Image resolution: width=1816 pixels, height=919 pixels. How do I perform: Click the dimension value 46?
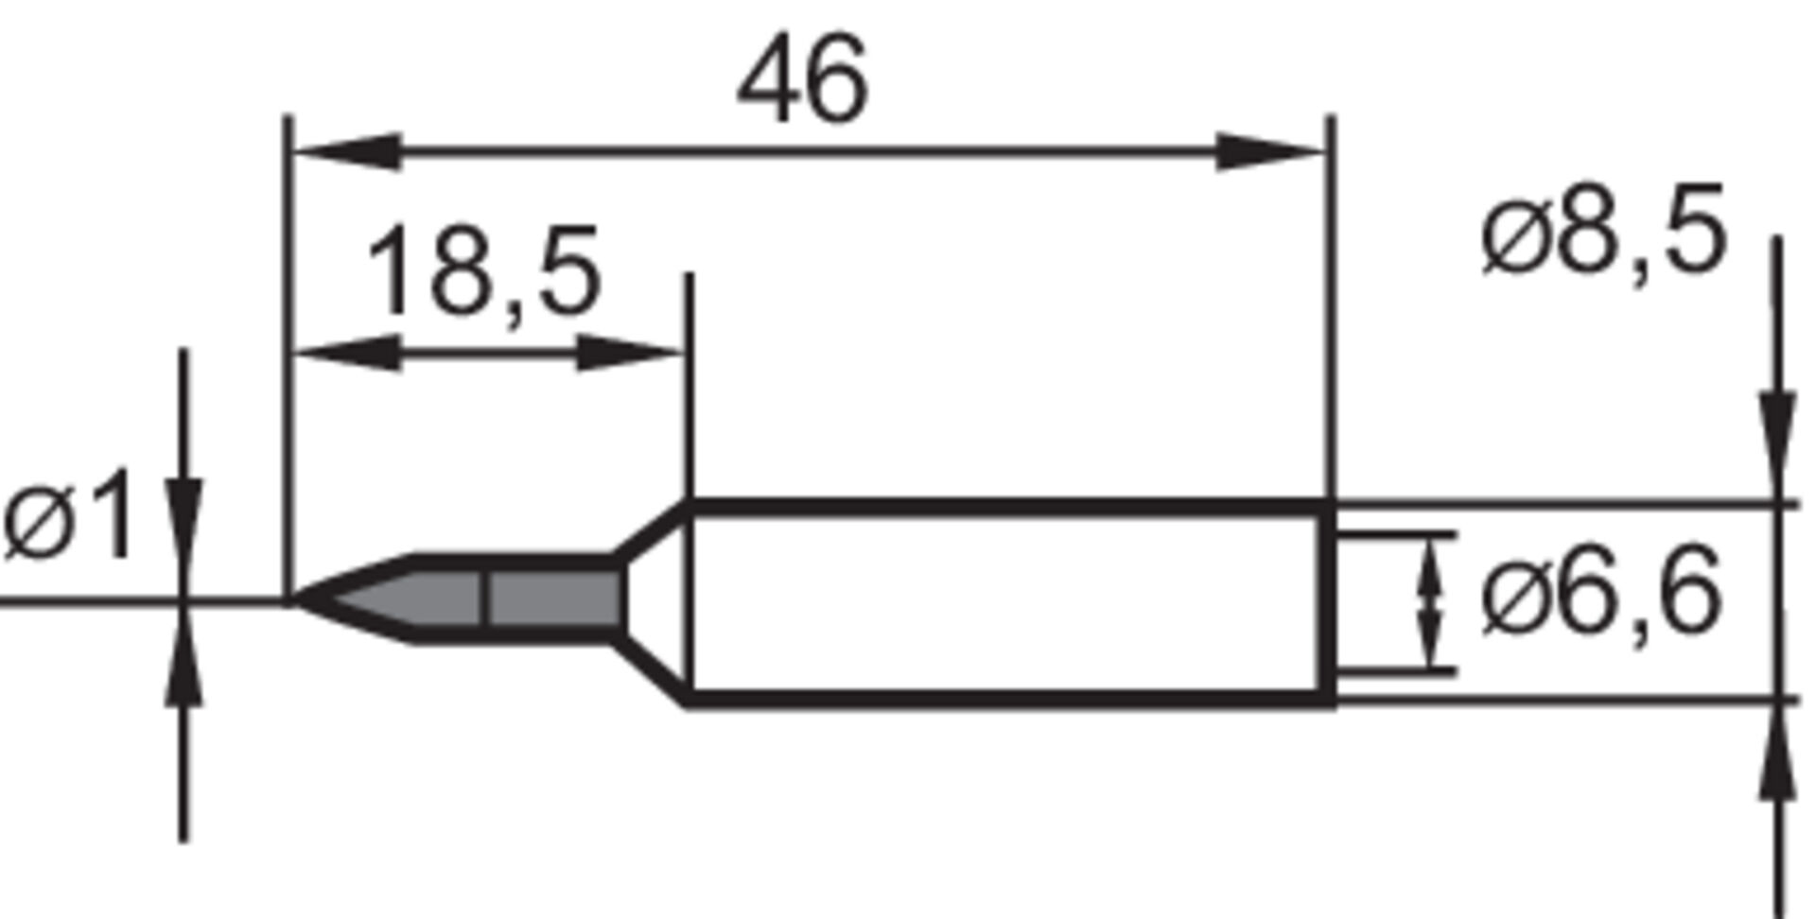point(802,81)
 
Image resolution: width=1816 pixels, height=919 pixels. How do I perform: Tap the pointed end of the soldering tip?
point(299,598)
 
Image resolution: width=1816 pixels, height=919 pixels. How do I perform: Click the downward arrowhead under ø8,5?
point(1777,444)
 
